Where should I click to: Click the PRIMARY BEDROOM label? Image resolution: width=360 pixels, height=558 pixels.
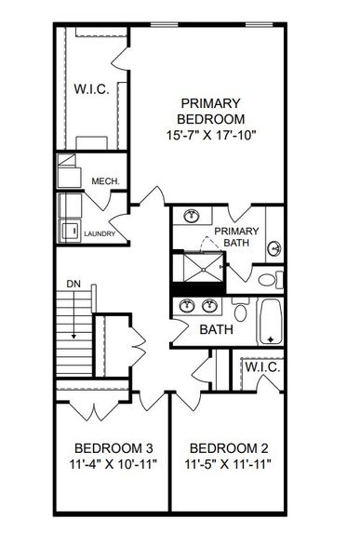(x=212, y=111)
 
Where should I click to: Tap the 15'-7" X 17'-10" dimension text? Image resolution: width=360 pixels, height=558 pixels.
(x=212, y=135)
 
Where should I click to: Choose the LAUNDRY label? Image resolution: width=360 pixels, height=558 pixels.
(x=100, y=234)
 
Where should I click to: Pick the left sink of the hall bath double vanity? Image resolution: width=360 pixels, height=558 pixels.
(x=186, y=306)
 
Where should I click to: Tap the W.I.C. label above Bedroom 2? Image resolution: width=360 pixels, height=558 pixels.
(x=261, y=368)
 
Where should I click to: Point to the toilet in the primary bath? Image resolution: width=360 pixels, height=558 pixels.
(x=267, y=277)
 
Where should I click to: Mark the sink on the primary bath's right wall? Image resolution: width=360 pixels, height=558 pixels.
(x=274, y=248)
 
